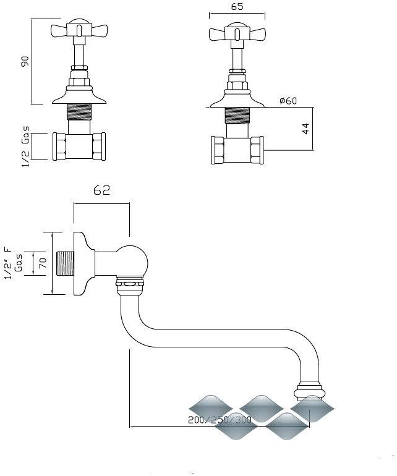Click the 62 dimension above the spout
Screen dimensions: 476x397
click(102, 190)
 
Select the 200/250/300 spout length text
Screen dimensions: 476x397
click(220, 420)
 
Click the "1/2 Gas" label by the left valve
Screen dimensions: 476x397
click(26, 147)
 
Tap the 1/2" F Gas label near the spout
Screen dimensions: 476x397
click(14, 263)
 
